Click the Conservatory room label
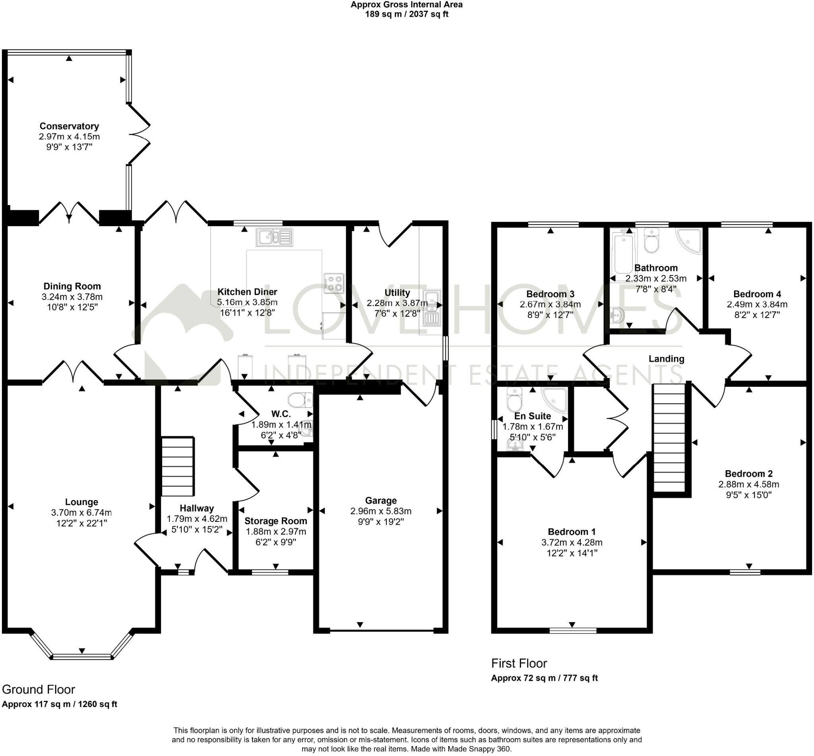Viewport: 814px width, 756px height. [69, 126]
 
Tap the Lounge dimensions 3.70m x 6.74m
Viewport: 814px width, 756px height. [81, 513]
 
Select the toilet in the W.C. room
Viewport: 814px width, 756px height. [300, 400]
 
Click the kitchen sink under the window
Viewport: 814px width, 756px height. [275, 237]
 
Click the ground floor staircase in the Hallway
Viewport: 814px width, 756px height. [177, 466]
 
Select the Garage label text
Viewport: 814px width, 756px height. [381, 501]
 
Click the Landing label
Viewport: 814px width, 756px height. [666, 359]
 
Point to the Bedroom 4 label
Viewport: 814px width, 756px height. [757, 294]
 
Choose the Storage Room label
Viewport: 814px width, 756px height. [276, 521]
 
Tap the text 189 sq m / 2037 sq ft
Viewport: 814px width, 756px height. [407, 14]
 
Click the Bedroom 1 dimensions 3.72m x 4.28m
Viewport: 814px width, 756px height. [572, 543]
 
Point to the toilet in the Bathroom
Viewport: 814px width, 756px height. [651, 241]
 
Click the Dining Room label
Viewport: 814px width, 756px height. [72, 286]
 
